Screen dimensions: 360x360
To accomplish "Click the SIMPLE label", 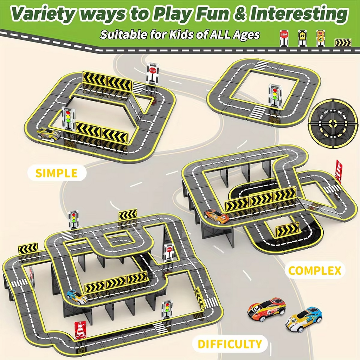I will (x=57, y=173).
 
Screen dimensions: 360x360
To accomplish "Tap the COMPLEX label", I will (x=315, y=270).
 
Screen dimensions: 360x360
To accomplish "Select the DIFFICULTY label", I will (x=230, y=344).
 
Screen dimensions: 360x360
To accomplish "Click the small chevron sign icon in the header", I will (x=343, y=43).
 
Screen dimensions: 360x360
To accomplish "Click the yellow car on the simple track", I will (x=49, y=134).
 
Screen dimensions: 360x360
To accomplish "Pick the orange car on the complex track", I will (x=216, y=216).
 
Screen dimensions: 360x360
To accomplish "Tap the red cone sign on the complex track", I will (x=339, y=171).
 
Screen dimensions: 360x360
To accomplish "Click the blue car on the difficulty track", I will (x=77, y=297).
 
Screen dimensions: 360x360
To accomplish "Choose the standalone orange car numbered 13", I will (x=266, y=309).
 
